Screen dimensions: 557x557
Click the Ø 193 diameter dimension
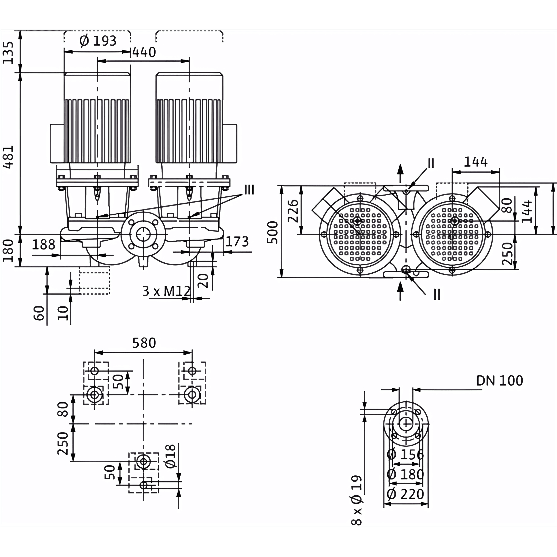pyautogui.click(x=98, y=41)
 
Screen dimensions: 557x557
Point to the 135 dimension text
pyautogui.click(x=8, y=53)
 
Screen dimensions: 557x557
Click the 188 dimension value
pyautogui.click(x=43, y=245)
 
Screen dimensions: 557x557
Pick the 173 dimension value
pyautogui.click(x=237, y=241)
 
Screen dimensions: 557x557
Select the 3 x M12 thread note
pyautogui.click(x=167, y=291)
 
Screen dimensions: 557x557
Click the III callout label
pyautogui.click(x=249, y=190)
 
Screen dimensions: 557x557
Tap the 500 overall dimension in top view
pyautogui.click(x=272, y=233)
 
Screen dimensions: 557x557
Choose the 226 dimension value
pyautogui.click(x=293, y=211)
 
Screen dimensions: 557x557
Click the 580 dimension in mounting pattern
pyautogui.click(x=144, y=343)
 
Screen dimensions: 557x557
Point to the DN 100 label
pyautogui.click(x=499, y=381)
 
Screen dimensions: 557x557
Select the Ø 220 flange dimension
pyautogui.click(x=405, y=494)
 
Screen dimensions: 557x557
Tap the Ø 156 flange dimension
pyautogui.click(x=405, y=455)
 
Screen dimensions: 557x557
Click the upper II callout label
pyautogui.click(x=431, y=163)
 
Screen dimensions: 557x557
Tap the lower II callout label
pyautogui.click(x=437, y=295)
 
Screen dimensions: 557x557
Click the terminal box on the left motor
pyautogui.click(x=57, y=144)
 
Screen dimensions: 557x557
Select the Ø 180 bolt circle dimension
pyautogui.click(x=405, y=474)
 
